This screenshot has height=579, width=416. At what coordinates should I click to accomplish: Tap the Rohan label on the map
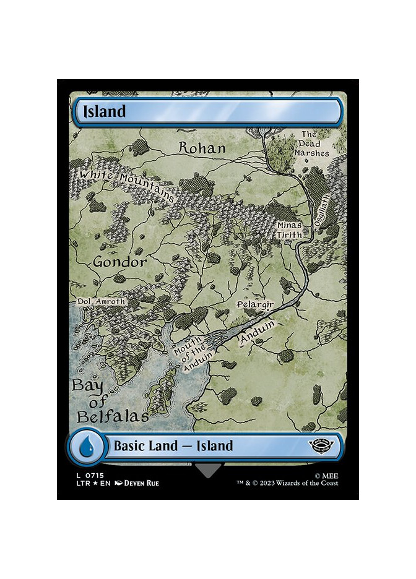pos(202,148)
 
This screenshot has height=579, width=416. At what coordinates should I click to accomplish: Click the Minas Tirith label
pos(290,230)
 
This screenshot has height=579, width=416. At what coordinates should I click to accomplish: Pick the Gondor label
pos(120,262)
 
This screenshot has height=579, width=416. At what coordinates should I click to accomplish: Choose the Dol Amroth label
pos(101,302)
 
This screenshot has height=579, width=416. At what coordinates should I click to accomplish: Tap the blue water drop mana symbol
pos(86,445)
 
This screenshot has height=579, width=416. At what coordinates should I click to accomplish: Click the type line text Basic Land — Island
pos(173,445)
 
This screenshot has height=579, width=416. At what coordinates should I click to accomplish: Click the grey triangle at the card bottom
pos(207,470)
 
